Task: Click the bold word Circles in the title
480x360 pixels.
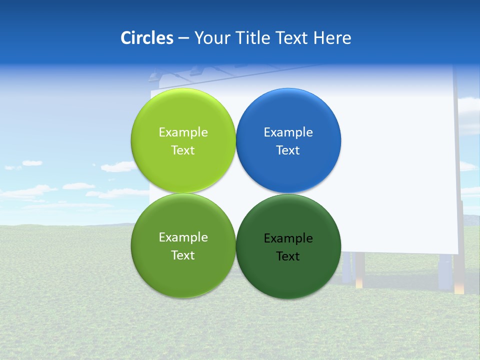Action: [x=147, y=38]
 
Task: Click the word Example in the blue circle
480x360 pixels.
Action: [x=288, y=132]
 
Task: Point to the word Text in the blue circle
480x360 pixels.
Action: [x=288, y=150]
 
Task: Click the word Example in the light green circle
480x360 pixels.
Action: [x=183, y=132]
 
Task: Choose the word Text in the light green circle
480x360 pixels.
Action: [x=183, y=150]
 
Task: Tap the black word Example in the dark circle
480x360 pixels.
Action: [x=288, y=238]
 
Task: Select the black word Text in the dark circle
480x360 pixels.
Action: [x=288, y=256]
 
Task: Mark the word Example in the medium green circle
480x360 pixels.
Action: [x=183, y=237]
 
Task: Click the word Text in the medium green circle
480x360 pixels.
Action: [x=183, y=255]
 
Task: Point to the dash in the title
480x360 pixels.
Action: [x=183, y=38]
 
